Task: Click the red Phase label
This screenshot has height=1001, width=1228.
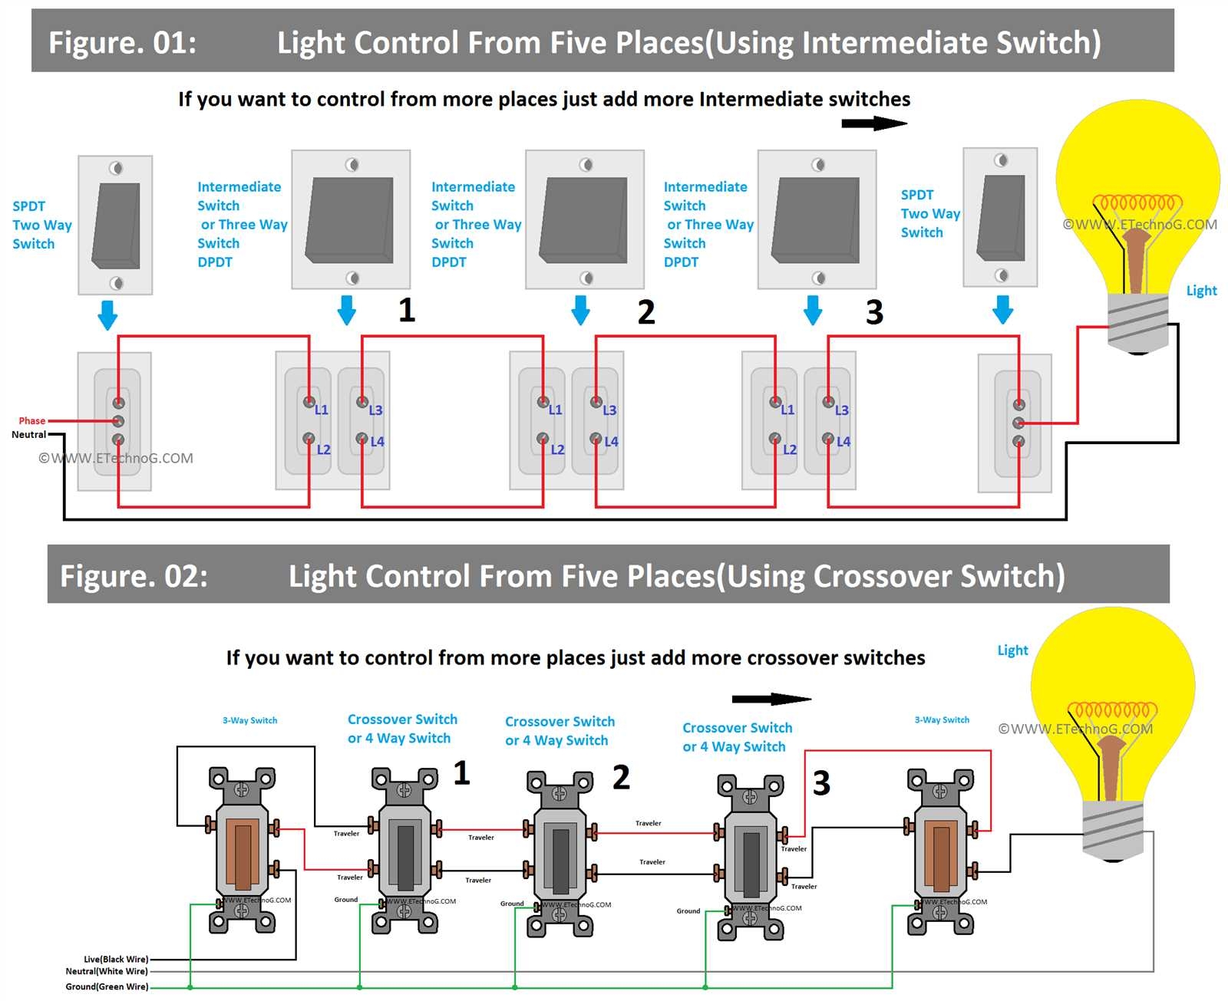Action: coord(31,420)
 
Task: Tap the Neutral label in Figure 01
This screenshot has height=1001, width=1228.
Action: coord(28,434)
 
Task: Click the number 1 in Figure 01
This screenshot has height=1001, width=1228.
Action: coord(407,311)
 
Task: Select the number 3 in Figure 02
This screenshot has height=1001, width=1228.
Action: coord(821,783)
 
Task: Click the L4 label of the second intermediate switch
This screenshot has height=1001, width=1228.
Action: coord(611,442)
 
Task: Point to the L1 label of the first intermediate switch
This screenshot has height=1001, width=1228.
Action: coord(322,410)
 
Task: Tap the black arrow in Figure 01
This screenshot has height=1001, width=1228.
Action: coord(874,123)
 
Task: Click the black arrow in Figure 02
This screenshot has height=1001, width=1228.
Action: coord(771,699)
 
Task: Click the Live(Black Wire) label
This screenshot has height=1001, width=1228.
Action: coord(116,959)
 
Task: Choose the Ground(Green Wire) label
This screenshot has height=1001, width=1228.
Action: coord(107,986)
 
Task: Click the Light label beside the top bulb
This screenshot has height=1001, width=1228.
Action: coord(1201,291)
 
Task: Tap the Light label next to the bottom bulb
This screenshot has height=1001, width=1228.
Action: coord(1012,650)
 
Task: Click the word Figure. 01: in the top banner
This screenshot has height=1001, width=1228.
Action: coord(123,43)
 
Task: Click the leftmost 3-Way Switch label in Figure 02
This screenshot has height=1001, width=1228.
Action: coord(249,720)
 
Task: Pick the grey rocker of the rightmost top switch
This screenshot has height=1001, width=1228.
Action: coord(1001,218)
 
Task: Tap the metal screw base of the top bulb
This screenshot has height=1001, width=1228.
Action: coord(1138,321)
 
